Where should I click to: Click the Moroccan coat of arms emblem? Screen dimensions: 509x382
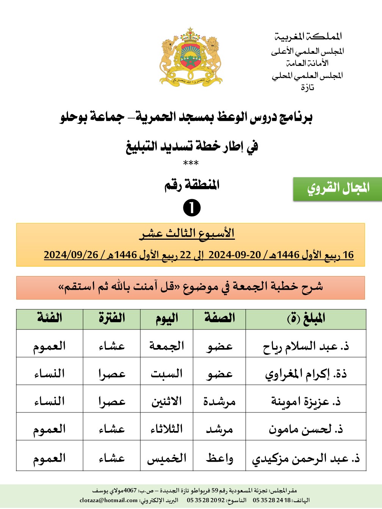[x=191, y=56]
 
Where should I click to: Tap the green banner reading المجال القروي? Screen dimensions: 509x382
[x=337, y=188]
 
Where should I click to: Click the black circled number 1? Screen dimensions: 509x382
[x=191, y=208]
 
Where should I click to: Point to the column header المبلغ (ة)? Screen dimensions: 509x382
[x=306, y=319]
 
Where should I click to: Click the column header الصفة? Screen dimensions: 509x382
[x=219, y=319]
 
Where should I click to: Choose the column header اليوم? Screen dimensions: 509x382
[x=167, y=319]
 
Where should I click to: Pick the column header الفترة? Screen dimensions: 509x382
[x=112, y=319]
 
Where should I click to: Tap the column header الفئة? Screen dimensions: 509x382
[x=49, y=319]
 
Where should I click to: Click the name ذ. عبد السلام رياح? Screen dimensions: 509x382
[x=306, y=346]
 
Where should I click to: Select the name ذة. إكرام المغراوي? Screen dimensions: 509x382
[x=306, y=374]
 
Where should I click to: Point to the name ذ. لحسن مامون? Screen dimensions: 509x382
[x=306, y=429]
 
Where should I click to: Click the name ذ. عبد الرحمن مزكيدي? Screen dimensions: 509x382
[x=306, y=459]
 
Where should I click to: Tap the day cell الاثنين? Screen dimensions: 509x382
[x=167, y=401]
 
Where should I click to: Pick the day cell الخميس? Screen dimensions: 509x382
[x=167, y=458]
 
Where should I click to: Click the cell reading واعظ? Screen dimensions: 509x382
[x=219, y=458]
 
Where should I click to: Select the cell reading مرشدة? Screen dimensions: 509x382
[x=219, y=401]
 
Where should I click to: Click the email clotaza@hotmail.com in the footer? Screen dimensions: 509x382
[x=108, y=500]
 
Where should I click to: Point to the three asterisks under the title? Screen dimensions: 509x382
[x=191, y=163]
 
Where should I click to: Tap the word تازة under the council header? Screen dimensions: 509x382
[x=307, y=87]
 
